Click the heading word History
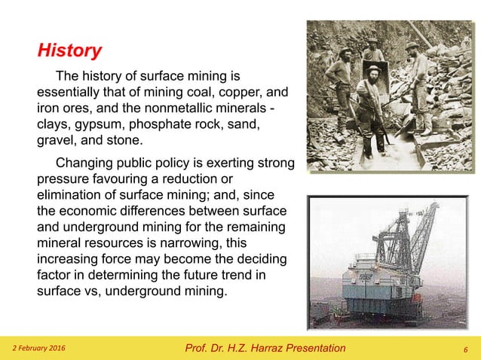pos(69,51)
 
